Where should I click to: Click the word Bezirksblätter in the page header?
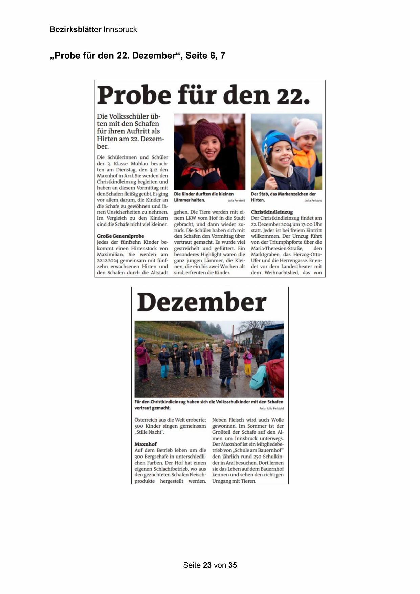75,29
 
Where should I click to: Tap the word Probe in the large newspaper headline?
134,95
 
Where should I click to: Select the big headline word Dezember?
202,302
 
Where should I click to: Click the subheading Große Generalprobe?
120,236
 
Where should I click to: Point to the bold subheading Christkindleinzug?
272,212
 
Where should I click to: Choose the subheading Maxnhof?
146,444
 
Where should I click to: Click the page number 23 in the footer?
207,565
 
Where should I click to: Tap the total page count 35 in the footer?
233,565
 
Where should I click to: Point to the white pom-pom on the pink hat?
295,121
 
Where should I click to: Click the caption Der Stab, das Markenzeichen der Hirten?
283,197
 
